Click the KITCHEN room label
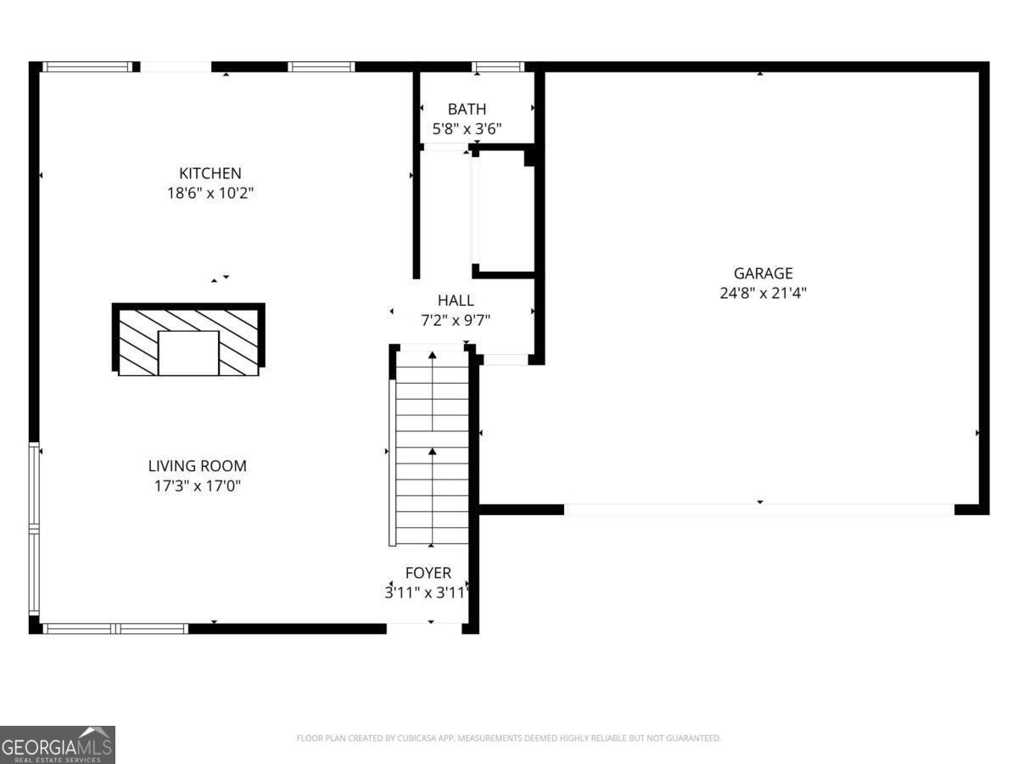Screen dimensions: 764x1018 pyautogui.click(x=210, y=173)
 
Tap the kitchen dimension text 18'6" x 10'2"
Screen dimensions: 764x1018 pyautogui.click(x=210, y=193)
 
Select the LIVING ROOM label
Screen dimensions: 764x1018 pyautogui.click(x=197, y=466)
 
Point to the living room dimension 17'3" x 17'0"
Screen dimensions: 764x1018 pyautogui.click(x=197, y=486)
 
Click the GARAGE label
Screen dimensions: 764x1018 pyautogui.click(x=763, y=273)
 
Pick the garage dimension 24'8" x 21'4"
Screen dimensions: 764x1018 pyautogui.click(x=763, y=293)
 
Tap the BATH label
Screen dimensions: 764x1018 pyautogui.click(x=467, y=109)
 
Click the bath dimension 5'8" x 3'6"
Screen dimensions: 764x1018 pyautogui.click(x=467, y=129)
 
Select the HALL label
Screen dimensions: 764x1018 pyautogui.click(x=456, y=301)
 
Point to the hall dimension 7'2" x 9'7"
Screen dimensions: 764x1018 pyautogui.click(x=456, y=320)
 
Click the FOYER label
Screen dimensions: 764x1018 pyautogui.click(x=428, y=573)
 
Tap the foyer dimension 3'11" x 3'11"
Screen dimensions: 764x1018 pyautogui.click(x=427, y=593)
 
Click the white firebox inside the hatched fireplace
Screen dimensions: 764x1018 pyautogui.click(x=188, y=353)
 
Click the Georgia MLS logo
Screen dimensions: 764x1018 pyautogui.click(x=57, y=744)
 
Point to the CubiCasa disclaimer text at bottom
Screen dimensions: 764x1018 pyautogui.click(x=508, y=739)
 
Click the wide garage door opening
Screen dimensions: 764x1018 pyautogui.click(x=758, y=509)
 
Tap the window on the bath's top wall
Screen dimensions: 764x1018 pyautogui.click(x=498, y=66)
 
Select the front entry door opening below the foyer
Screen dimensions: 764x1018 pyautogui.click(x=424, y=628)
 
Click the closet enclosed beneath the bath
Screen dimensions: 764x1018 pyautogui.click(x=503, y=212)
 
